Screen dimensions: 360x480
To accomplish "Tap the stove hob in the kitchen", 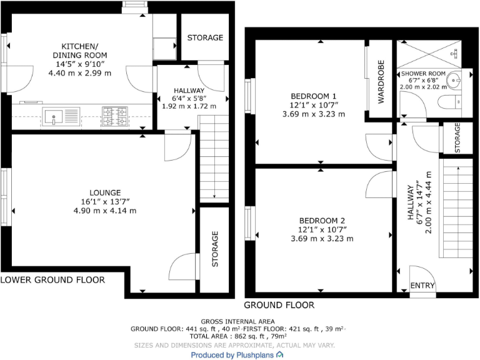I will pos(114,115).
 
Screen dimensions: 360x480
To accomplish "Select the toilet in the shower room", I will pos(449,101).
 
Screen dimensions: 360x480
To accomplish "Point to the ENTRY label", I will pos(422,286).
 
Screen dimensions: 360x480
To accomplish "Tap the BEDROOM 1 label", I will pos(309,96).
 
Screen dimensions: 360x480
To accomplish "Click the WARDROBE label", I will pos(381,83).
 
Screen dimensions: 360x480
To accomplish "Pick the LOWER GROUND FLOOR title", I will pos(52,279).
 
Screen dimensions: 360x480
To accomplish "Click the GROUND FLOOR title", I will pos(279,305).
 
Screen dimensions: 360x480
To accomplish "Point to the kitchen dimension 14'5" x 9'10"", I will pos(80,64).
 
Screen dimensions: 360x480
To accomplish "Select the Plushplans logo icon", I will pos(279,354).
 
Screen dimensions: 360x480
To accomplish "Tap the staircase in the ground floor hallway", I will pos(456,209).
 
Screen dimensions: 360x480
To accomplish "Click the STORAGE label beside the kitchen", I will pos(205,37).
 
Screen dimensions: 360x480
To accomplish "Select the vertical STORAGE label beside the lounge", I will pos(215,249).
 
